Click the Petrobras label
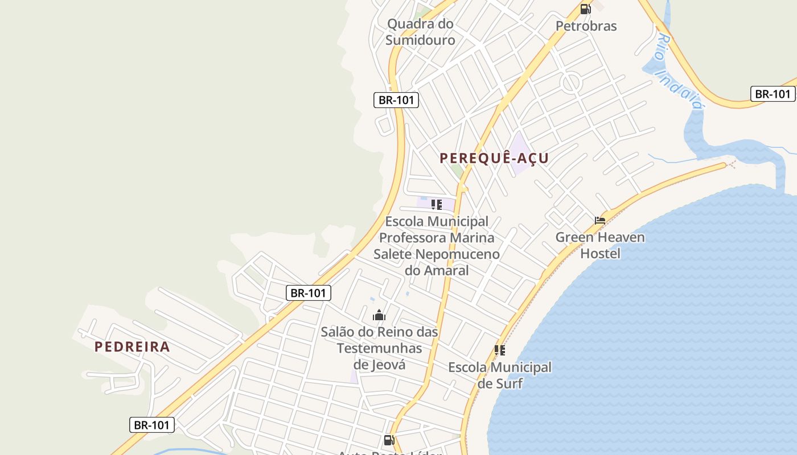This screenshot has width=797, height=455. point(586,26)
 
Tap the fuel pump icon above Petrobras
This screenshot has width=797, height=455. point(585,9)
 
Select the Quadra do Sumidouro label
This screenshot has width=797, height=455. point(420,32)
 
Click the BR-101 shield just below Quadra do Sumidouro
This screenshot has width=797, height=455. point(396,100)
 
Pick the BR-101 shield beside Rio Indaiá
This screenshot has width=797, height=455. point(772,94)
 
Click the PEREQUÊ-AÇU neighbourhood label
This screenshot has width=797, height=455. point(494,158)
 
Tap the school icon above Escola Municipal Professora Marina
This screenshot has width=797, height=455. point(437,205)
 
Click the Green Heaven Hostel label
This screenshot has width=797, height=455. point(600,245)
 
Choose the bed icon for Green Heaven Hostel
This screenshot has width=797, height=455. point(600,220)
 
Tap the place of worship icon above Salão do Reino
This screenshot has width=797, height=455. point(379,315)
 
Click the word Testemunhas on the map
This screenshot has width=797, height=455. point(379,348)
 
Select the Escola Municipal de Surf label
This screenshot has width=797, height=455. point(500,375)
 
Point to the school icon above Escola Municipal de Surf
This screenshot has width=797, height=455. point(500,350)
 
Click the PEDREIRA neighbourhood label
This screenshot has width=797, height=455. point(132,346)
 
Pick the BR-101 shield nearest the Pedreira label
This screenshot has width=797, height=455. point(151,424)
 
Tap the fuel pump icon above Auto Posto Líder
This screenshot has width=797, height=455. point(389,440)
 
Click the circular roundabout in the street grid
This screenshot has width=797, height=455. point(571,83)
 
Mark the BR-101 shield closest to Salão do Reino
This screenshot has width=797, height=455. point(308,293)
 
